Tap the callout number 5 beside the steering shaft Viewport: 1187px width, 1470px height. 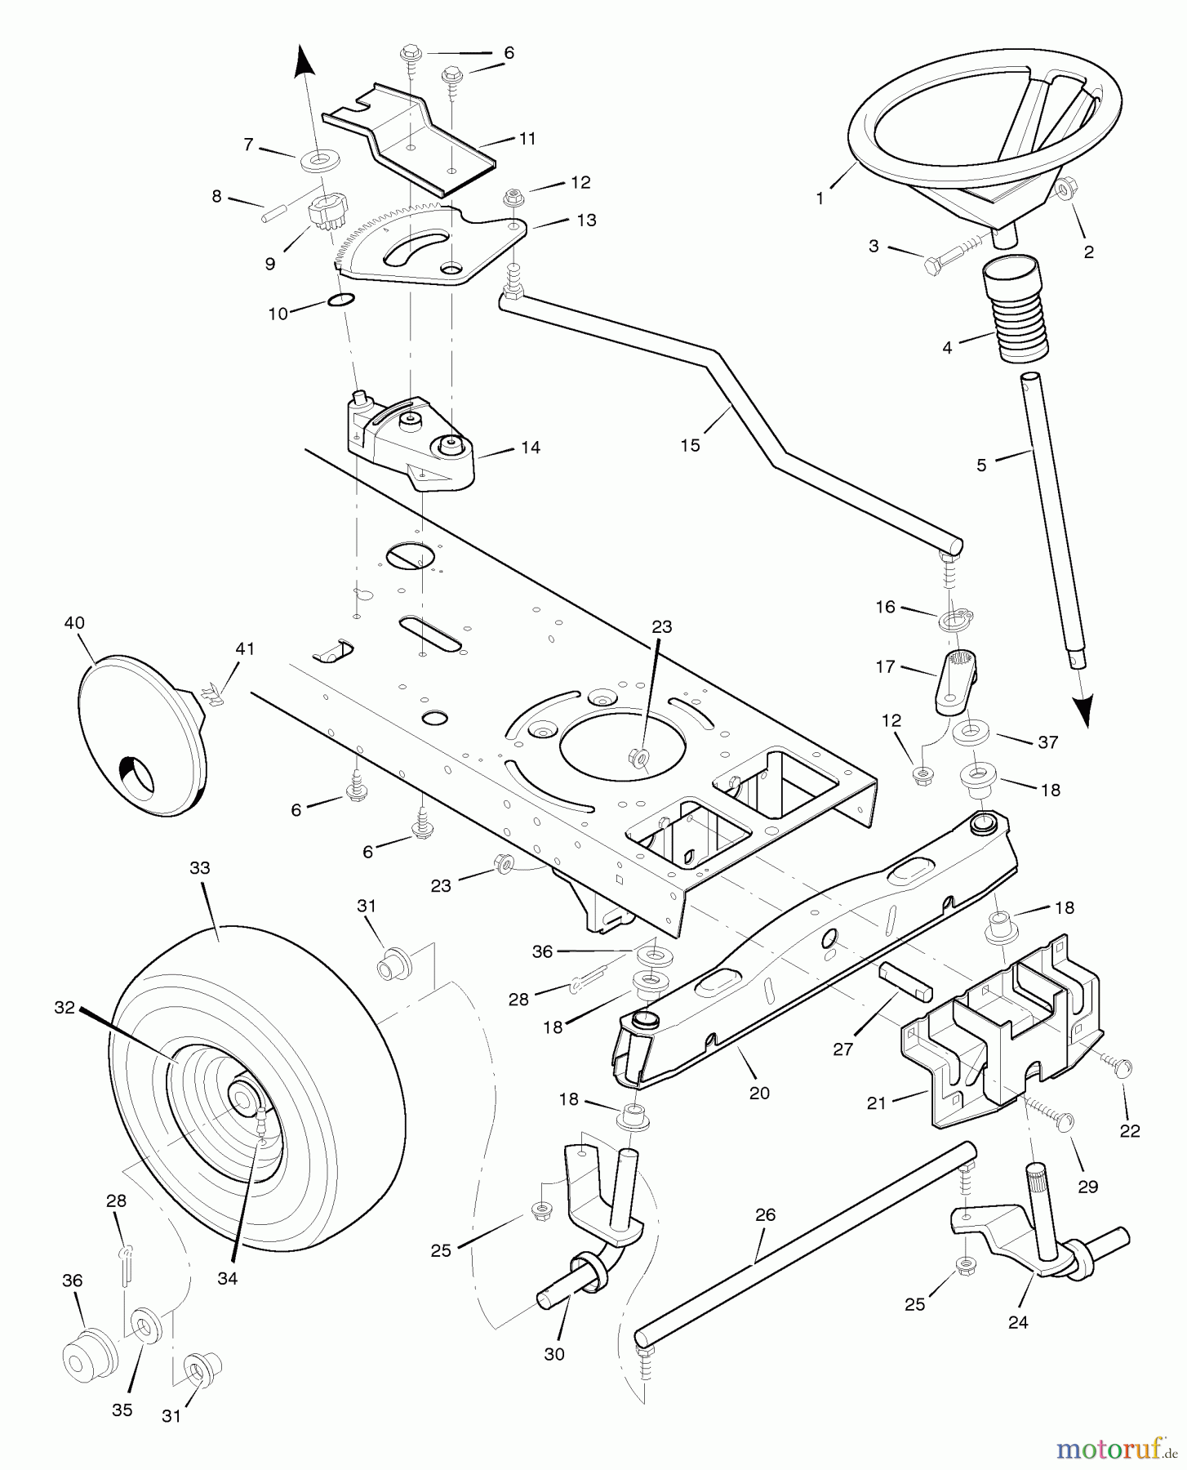point(981,465)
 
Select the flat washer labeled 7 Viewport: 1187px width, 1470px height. point(314,160)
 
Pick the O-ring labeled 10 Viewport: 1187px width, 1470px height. point(341,300)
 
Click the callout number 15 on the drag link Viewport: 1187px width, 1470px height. point(691,445)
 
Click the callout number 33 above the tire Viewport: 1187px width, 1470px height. point(200,868)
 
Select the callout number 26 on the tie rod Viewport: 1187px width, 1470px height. point(765,1214)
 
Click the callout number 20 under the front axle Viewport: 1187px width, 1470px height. point(759,1093)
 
